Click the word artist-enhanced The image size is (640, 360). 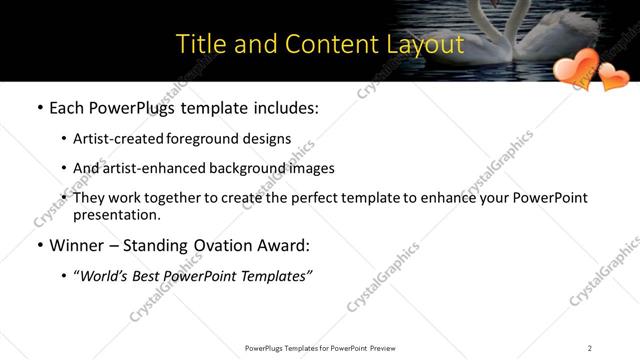[150, 168]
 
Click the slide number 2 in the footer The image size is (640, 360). [589, 348]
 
